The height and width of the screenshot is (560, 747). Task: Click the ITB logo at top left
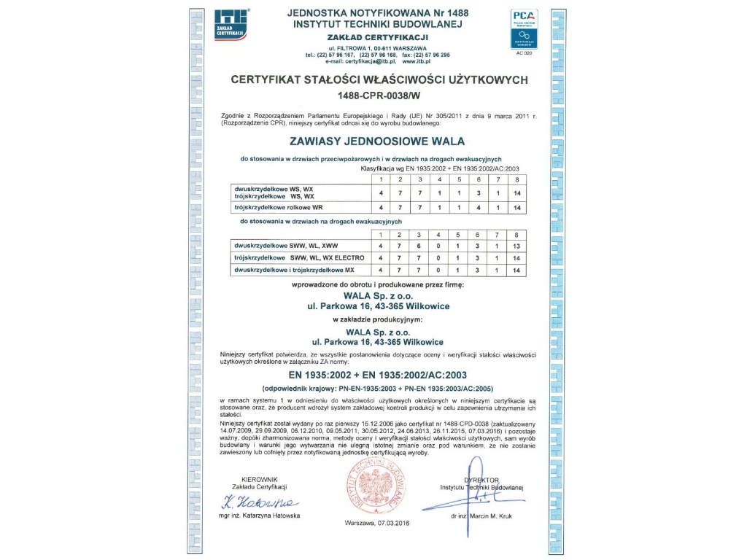coord(232,23)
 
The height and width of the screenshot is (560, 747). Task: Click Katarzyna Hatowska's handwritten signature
coord(258,502)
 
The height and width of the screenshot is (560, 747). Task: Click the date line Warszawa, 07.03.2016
coord(378,524)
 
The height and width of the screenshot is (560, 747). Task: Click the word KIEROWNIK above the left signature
coord(259,479)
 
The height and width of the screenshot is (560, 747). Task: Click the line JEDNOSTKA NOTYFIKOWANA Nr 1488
coord(378,12)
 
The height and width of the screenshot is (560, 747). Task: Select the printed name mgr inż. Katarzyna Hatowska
coord(259,516)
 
